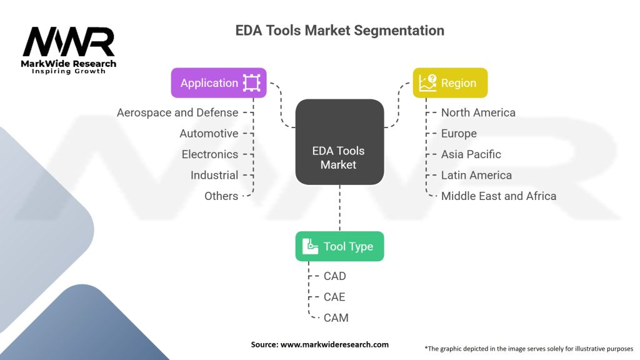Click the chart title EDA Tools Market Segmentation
tap(339, 30)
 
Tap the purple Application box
tap(219, 83)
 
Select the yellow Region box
tap(450, 83)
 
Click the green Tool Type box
tap(339, 246)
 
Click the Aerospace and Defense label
tap(177, 112)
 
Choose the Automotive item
tap(209, 133)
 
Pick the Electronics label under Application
tap(210, 154)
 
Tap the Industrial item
tap(214, 175)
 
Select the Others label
tap(221, 196)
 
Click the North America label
tap(478, 112)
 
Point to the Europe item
tap(459, 133)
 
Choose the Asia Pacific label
tap(471, 154)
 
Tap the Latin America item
tap(476, 175)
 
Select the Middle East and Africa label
tap(498, 196)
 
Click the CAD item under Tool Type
tap(334, 276)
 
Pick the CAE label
tap(334, 297)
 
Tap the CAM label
tap(336, 317)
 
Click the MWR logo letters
tap(69, 42)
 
